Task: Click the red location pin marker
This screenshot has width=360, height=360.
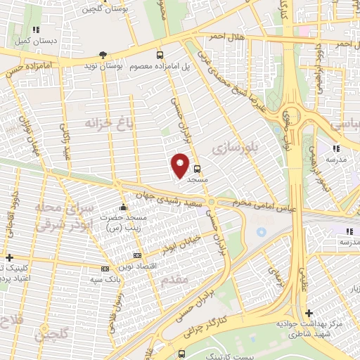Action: pyautogui.click(x=181, y=165)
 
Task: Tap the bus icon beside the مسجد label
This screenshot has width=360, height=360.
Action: pyautogui.click(x=197, y=169)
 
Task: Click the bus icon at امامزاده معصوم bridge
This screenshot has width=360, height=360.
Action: pyautogui.click(x=160, y=54)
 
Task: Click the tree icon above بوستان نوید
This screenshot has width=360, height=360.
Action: pyautogui.click(x=103, y=54)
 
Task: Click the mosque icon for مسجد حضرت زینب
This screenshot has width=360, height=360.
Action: pyautogui.click(x=123, y=207)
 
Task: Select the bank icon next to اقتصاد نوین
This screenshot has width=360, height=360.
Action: pyautogui.click(x=137, y=255)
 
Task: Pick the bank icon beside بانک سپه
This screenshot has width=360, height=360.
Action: pyautogui.click(x=105, y=269)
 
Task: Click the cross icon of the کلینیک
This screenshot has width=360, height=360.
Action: pyautogui.click(x=8, y=257)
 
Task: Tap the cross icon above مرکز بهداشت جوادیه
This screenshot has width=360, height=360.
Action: pyautogui.click(x=309, y=313)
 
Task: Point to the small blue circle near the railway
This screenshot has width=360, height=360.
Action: pyautogui.click(x=262, y=231)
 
